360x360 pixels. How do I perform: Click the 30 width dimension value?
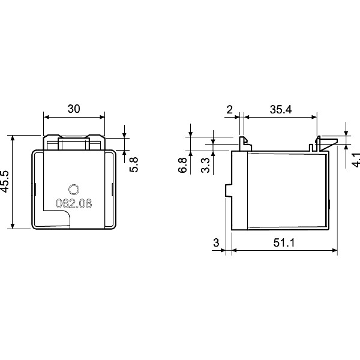74,109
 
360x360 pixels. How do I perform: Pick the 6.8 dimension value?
182,165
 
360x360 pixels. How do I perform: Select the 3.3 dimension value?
205,165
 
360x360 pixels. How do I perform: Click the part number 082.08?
74,203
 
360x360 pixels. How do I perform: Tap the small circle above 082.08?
74,188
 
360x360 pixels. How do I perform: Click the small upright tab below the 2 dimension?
244,143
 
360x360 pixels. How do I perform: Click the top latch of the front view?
74,142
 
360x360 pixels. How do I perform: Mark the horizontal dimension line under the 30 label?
74,117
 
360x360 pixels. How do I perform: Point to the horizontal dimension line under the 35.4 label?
280,117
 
